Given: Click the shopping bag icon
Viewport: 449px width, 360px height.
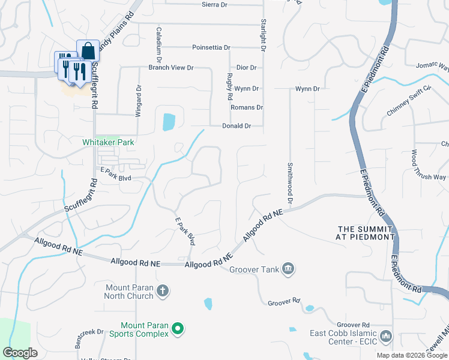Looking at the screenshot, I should pos(88,50).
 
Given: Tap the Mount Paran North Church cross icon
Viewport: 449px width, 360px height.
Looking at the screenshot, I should pos(163,292).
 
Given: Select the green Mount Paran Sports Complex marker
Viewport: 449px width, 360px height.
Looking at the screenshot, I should pos(177,329).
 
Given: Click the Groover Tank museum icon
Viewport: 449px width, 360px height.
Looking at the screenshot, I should pos(288,268).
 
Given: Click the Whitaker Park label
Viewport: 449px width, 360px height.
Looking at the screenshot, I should pos(108,142).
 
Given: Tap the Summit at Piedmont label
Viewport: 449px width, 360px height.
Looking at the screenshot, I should pos(366,233).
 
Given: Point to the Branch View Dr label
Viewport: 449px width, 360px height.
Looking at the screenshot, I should pos(171,68).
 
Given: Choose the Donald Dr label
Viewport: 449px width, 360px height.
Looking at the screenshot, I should pos(236,126).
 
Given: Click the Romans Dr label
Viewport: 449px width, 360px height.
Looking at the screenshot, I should pos(247,107).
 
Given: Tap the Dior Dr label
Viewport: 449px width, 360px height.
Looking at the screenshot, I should pos(246,68).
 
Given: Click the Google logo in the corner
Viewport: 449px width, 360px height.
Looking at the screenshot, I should pos(20,353).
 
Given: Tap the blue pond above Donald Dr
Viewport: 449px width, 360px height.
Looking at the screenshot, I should pos(169,122).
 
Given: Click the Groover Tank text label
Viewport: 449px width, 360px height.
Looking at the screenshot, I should pos(255,269).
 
